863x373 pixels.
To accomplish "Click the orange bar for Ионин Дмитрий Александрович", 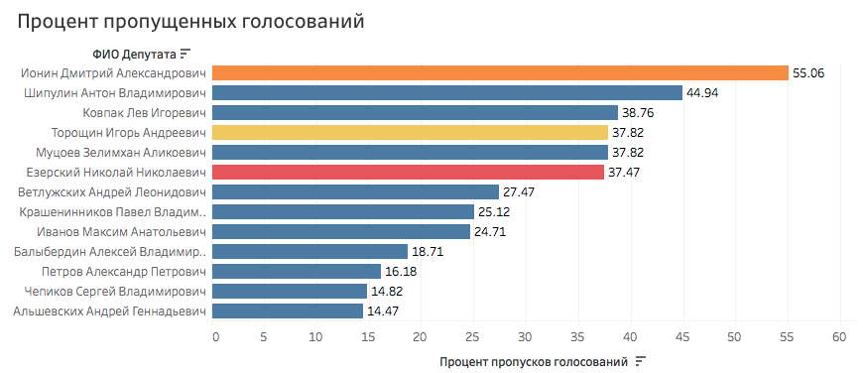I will [500, 72].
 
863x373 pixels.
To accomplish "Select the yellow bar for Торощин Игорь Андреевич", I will [410, 132].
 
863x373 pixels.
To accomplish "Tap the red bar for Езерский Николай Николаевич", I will [408, 172].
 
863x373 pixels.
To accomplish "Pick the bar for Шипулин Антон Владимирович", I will [447, 92].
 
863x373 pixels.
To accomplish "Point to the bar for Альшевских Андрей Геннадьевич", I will [288, 311].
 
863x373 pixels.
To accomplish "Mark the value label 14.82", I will [389, 291].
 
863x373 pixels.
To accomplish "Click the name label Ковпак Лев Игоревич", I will [144, 112].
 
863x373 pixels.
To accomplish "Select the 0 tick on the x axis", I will [214, 337].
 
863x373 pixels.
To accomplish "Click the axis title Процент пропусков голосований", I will [534, 361].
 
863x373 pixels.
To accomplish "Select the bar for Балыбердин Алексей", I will [310, 251].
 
